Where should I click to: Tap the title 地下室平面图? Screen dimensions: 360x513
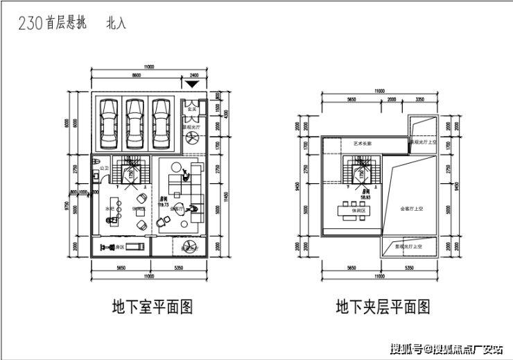151,305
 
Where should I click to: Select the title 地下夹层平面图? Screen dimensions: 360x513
383,305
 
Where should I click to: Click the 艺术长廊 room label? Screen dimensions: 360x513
363,144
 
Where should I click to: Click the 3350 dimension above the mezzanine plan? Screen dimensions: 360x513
419,99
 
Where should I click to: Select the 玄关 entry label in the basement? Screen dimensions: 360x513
195,109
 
